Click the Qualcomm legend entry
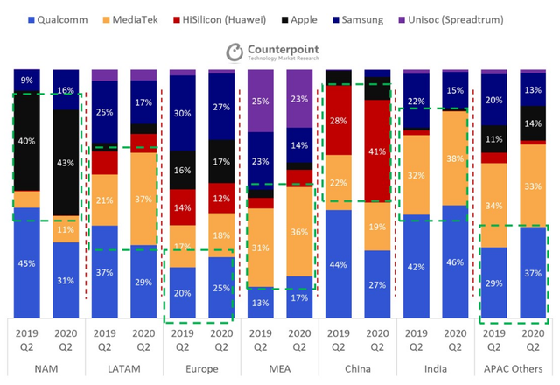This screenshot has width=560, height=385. (x=58, y=19)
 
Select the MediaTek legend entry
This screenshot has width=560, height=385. (x=130, y=19)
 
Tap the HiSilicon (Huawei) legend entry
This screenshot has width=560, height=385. (x=220, y=19)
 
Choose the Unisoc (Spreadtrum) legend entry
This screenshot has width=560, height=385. (x=451, y=19)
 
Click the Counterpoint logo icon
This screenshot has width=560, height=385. (x=234, y=52)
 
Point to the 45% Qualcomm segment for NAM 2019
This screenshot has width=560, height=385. (x=27, y=262)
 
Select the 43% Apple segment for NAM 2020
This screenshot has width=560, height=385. (x=66, y=163)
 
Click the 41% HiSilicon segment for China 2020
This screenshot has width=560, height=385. (x=377, y=151)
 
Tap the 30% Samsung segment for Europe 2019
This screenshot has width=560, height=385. (x=183, y=113)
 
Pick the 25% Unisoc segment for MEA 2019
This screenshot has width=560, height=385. (x=261, y=101)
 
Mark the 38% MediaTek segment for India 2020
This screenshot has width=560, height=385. (x=455, y=158)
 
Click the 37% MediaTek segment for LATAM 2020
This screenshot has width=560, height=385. (x=143, y=199)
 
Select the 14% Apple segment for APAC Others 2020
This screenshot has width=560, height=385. (x=533, y=123)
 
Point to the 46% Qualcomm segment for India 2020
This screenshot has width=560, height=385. (x=455, y=262)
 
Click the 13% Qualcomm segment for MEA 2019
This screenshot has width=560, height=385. (x=261, y=303)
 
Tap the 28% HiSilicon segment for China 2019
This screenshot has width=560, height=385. (x=339, y=120)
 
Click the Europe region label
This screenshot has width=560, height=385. (x=202, y=368)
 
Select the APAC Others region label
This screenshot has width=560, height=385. (x=514, y=368)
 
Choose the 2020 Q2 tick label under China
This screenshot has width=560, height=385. (x=377, y=340)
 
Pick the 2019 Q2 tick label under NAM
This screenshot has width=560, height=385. (x=27, y=340)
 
